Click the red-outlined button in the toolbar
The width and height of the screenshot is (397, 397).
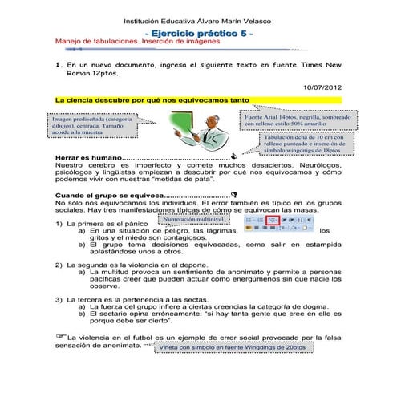[x=273, y=219]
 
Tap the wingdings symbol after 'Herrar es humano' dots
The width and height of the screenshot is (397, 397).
[x=233, y=157]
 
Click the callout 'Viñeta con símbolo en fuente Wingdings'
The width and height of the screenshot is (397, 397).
[x=233, y=347]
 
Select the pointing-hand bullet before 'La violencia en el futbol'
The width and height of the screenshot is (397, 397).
[x=59, y=334]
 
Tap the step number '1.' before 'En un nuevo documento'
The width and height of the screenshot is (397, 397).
[x=58, y=63]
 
